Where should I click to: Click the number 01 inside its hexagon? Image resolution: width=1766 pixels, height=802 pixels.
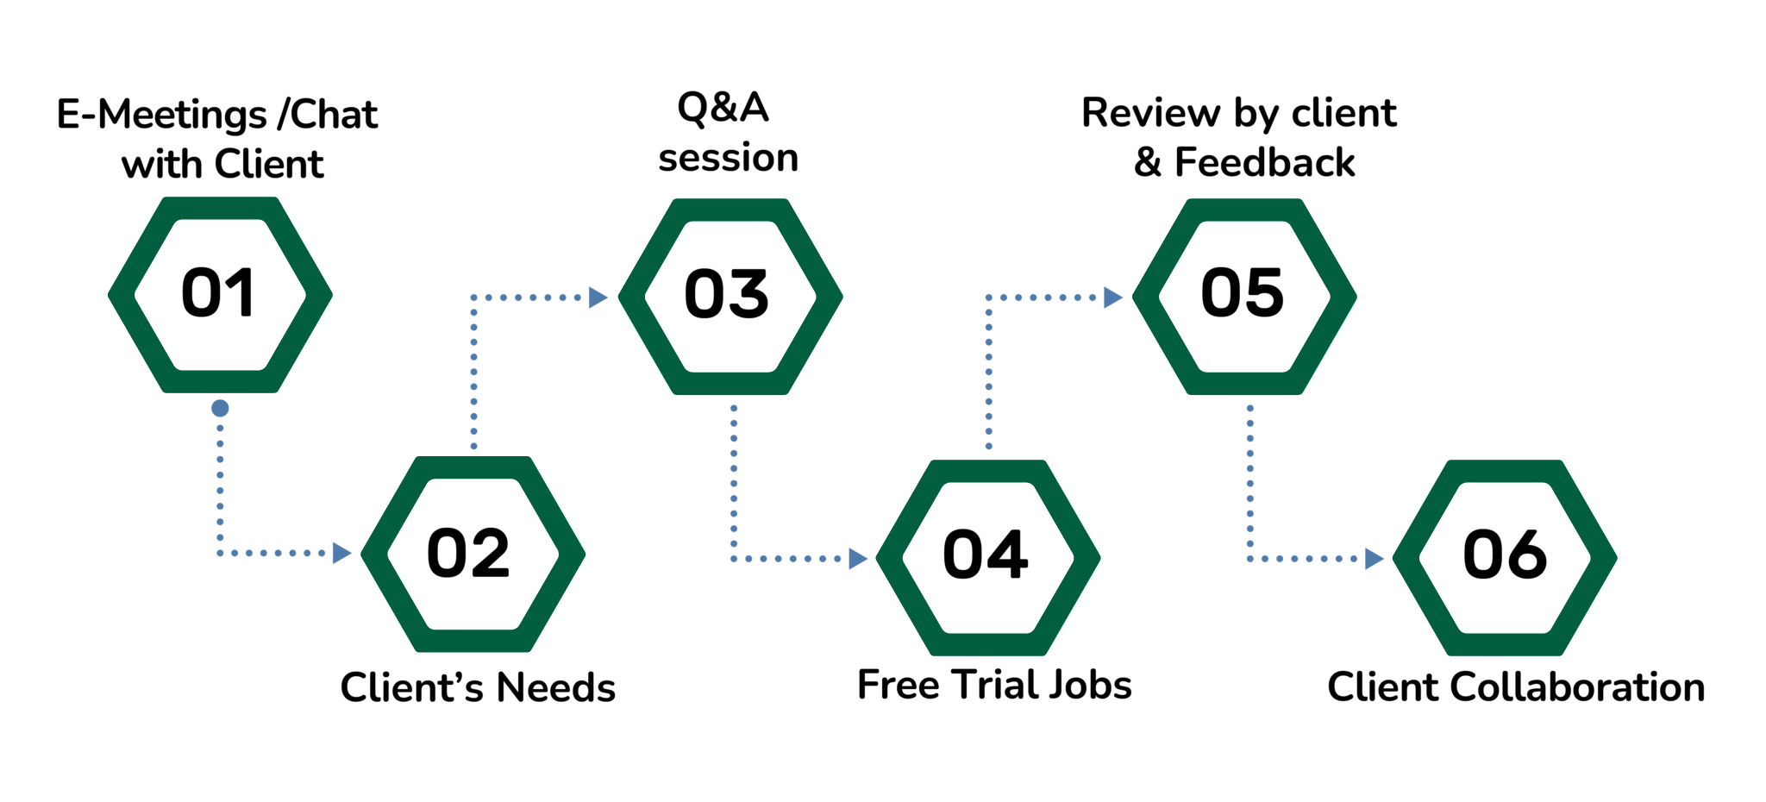(219, 293)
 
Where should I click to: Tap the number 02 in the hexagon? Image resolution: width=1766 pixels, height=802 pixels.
(469, 554)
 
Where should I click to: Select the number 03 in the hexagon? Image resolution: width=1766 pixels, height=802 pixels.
(727, 295)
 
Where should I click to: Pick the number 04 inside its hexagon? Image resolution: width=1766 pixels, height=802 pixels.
(986, 555)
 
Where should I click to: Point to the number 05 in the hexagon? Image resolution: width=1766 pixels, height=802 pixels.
(1243, 293)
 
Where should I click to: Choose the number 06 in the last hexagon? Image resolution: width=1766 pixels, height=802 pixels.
(1506, 555)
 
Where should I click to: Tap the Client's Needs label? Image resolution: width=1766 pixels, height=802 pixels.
(478, 688)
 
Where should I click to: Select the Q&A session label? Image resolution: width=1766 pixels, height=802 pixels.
(727, 133)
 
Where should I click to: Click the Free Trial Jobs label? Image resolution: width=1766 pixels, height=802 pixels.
(994, 686)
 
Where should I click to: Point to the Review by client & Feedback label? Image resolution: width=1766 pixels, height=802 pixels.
(1240, 138)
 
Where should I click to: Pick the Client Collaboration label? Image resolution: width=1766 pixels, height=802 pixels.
(1516, 688)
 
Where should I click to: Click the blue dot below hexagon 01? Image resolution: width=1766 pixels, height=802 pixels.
(220, 408)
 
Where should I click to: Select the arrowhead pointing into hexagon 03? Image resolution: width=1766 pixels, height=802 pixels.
(598, 298)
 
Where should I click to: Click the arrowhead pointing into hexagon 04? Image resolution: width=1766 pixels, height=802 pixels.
(857, 559)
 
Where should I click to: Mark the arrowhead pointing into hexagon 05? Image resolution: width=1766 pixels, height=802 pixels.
(1112, 298)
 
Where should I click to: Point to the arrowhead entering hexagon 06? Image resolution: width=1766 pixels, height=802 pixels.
(1374, 559)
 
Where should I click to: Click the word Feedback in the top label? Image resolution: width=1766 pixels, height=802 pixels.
(1264, 163)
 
